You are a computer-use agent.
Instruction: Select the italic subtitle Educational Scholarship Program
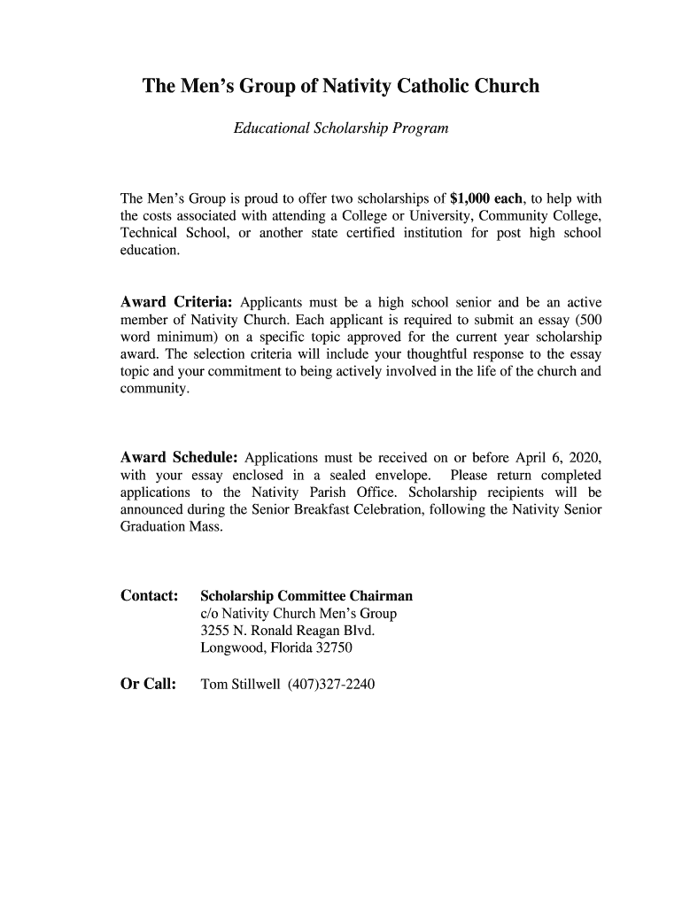341,129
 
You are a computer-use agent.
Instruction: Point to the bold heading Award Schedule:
179,458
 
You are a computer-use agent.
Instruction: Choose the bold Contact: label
150,596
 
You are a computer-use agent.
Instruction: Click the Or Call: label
148,685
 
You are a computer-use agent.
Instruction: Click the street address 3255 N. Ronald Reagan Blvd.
288,631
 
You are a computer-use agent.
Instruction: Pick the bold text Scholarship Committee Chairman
306,596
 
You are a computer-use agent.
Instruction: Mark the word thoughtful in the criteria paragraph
422,354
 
